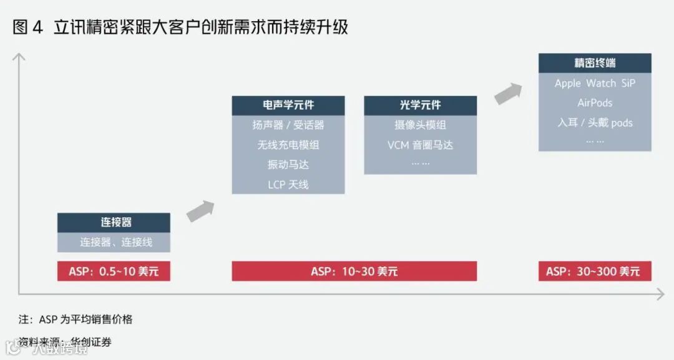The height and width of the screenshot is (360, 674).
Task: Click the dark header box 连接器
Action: point(114,223)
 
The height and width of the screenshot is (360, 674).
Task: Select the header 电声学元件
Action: point(288,105)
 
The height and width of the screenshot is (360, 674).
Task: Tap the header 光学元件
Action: point(420,105)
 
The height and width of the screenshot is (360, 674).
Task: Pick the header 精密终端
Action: point(595,63)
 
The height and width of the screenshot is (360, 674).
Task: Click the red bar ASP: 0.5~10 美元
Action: point(114,271)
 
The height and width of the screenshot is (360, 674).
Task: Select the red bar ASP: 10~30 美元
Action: point(354,271)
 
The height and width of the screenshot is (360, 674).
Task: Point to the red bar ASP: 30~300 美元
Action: point(595,271)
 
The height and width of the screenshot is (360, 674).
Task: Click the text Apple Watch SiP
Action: point(595,83)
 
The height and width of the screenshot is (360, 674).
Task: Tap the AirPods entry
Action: point(595,103)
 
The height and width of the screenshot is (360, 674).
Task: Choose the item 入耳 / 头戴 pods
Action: point(595,123)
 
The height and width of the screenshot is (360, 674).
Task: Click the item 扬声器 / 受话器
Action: point(288,125)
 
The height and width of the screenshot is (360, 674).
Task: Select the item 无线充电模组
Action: point(288,145)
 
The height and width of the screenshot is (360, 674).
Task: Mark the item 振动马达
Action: point(288,165)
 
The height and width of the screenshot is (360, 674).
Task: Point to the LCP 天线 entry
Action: point(288,185)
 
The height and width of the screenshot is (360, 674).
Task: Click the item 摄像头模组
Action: point(420,125)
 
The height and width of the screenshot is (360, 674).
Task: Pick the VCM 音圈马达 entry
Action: point(420,145)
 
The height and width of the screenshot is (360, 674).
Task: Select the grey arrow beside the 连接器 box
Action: point(200,211)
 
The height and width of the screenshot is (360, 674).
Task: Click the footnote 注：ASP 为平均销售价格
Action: point(76,319)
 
